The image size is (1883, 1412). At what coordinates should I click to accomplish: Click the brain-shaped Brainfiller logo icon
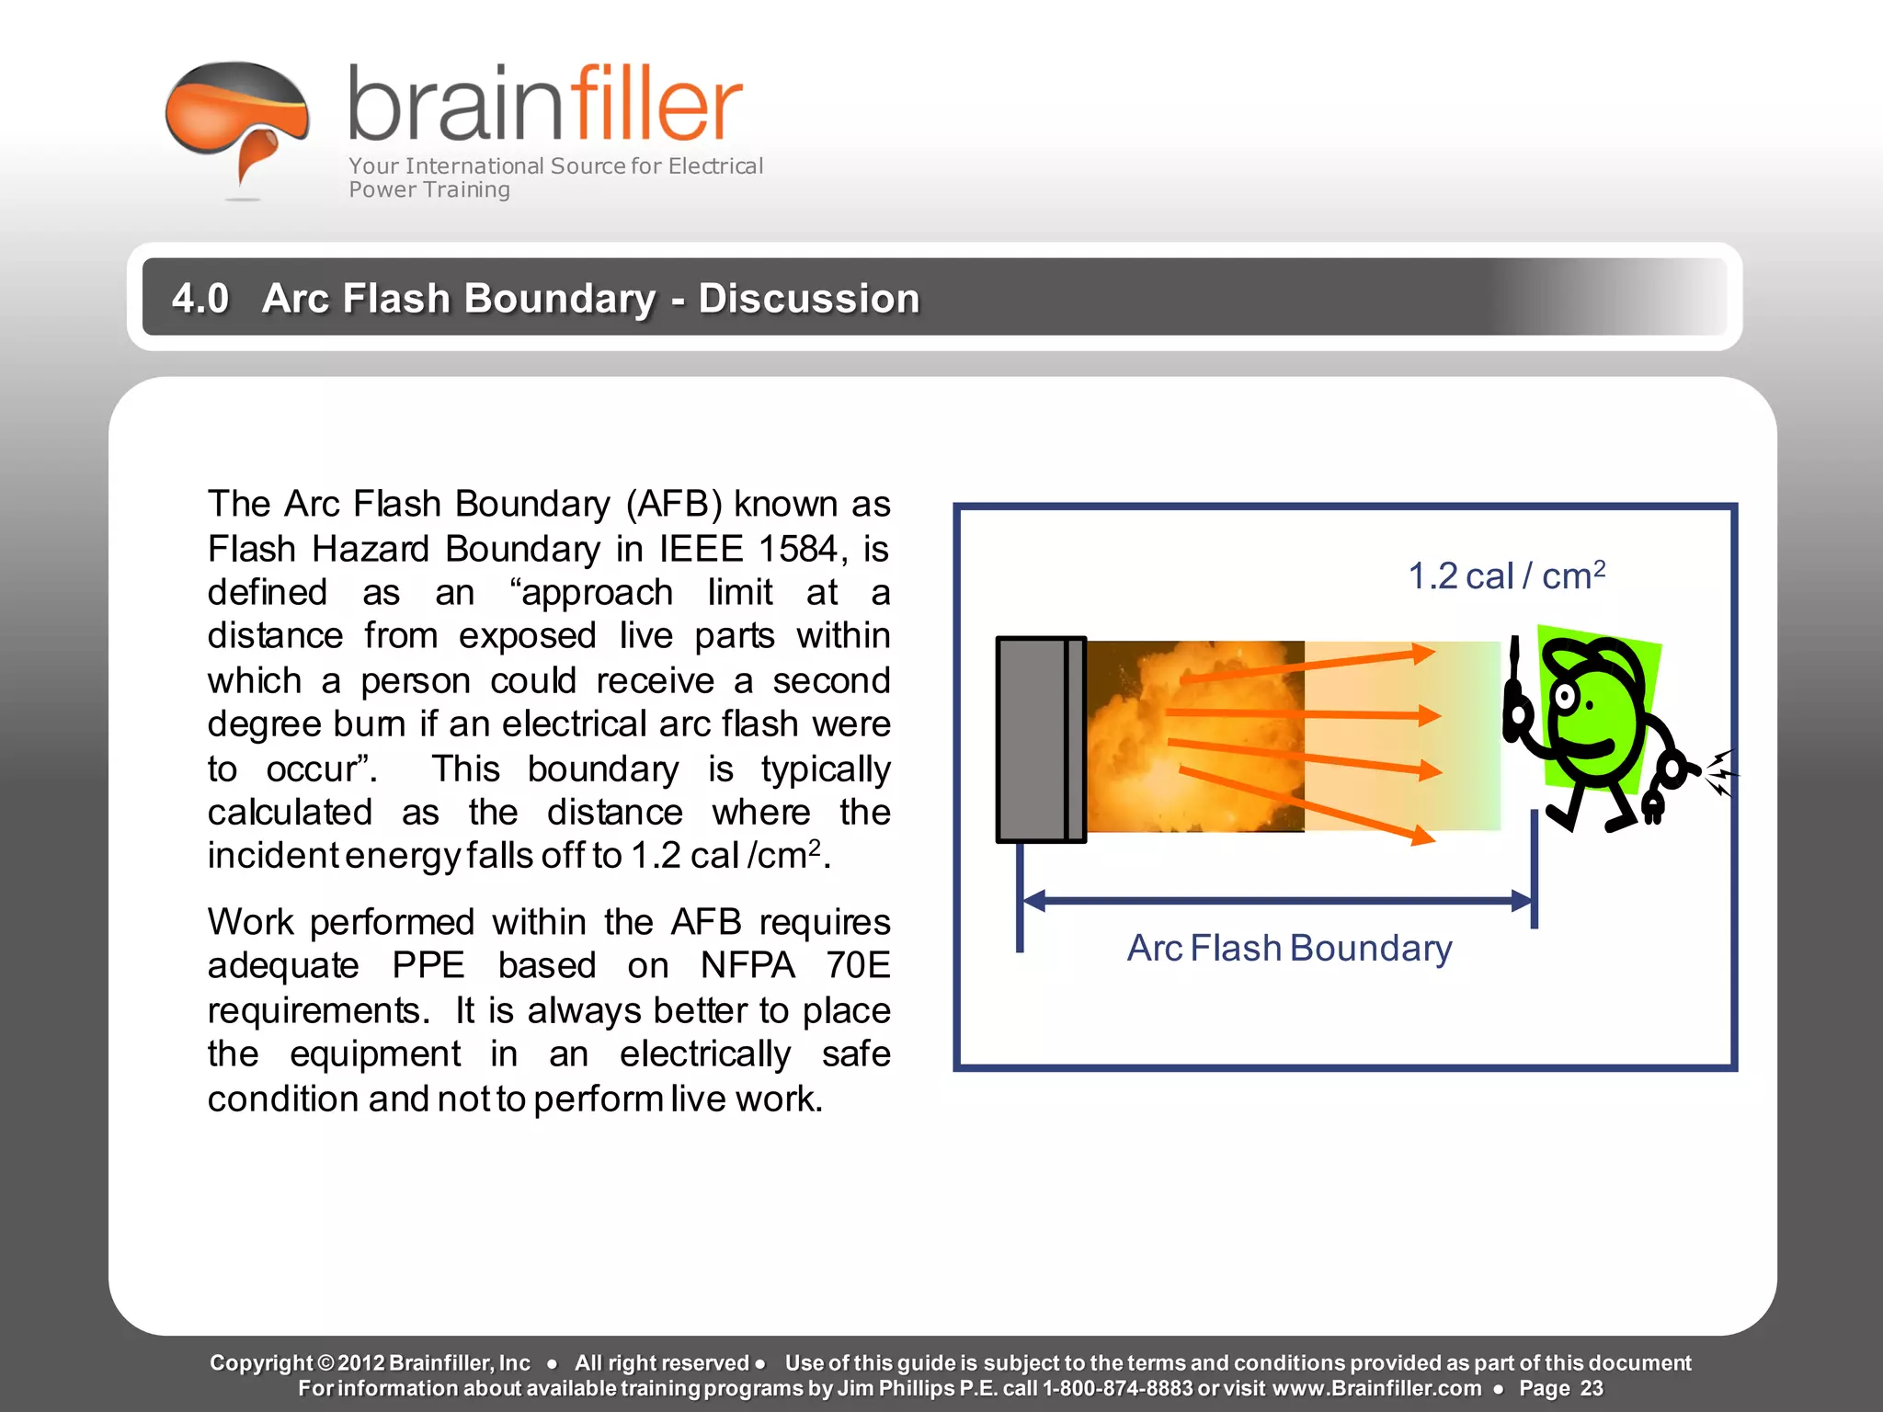237,120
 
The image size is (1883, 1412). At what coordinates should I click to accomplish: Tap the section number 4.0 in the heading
200,298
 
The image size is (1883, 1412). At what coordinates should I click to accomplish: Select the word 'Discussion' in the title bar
809,298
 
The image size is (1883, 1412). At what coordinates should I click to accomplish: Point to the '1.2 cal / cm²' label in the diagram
1506,576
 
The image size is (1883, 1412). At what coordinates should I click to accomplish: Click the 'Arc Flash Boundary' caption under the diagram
1289,948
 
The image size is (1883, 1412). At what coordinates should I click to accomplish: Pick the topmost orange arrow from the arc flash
1306,666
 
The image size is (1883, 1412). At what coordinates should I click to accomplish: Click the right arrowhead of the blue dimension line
1522,901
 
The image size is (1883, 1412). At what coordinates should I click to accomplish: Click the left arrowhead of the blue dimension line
1033,901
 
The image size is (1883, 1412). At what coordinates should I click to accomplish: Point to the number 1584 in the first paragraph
798,549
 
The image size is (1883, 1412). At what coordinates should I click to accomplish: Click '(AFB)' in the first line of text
674,504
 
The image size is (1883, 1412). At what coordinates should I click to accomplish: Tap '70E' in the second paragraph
857,965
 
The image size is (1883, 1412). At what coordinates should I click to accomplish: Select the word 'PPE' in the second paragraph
428,965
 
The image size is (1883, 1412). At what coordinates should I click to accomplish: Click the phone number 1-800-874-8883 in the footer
1117,1388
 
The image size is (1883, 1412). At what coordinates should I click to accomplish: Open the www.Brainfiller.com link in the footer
1376,1388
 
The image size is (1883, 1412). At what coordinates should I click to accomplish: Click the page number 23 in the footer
1592,1388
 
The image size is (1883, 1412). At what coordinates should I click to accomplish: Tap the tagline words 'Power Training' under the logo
428,189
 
